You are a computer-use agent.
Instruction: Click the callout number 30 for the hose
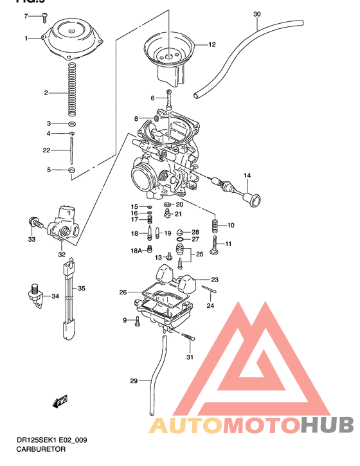(x=257, y=13)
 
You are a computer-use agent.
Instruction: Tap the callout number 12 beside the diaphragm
(x=212, y=45)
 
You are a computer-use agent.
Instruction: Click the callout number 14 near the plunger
(x=247, y=175)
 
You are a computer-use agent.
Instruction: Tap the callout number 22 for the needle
(x=46, y=150)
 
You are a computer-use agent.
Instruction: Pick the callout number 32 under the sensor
(x=62, y=255)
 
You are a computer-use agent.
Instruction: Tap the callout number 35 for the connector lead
(x=81, y=289)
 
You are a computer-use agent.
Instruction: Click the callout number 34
(x=55, y=296)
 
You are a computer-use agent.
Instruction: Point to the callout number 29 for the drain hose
(x=134, y=381)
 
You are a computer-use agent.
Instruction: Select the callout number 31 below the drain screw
(x=190, y=357)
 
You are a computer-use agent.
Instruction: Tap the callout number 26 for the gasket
(x=122, y=292)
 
